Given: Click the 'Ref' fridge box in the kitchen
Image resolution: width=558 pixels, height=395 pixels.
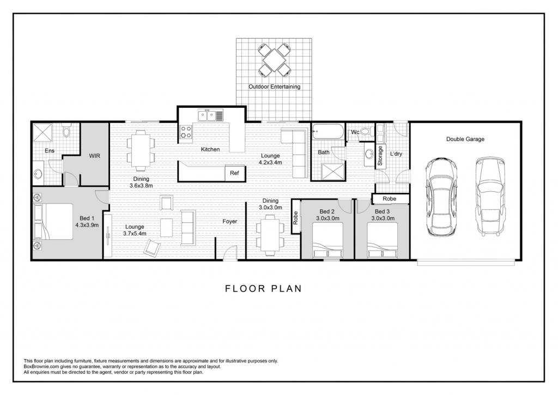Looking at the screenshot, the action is coord(234,173).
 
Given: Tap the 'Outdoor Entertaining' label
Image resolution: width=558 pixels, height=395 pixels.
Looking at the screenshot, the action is coord(275,87).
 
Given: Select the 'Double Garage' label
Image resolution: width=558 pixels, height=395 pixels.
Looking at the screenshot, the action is coord(465,139).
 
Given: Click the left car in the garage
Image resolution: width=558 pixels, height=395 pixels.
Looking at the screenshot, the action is coord(441,197).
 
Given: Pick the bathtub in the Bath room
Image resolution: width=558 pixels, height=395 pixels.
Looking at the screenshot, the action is coord(327,132).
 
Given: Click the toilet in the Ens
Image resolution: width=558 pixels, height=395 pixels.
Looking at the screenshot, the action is coord(66,131).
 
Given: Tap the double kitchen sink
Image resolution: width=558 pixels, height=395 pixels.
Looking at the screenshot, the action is coord(207,116).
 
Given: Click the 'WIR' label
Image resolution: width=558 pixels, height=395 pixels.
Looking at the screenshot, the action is coord(95,156).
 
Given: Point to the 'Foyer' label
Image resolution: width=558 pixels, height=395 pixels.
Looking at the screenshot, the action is coord(230,221).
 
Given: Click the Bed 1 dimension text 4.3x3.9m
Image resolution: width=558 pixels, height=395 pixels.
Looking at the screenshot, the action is coord(87,225).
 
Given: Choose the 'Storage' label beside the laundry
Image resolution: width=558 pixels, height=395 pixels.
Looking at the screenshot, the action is coord(380,155).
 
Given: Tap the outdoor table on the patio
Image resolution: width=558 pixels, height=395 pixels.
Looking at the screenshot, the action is coord(274,60).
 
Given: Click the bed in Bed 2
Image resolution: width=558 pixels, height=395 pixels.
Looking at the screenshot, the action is coord(327,240).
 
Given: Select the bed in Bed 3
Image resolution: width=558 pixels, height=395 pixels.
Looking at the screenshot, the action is coord(382,240).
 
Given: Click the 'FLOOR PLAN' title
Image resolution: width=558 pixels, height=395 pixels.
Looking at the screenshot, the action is coord(263,289).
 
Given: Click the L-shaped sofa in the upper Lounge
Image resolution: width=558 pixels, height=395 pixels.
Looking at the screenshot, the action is coord(296,153).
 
